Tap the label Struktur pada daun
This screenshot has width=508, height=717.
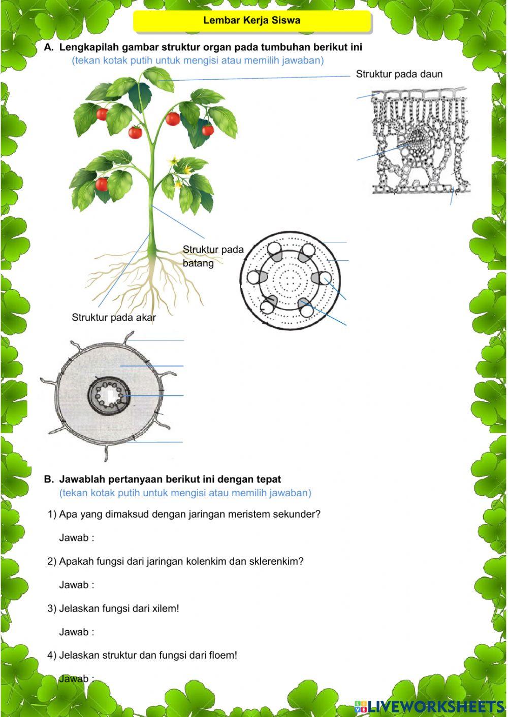pyautogui.click(x=399, y=74)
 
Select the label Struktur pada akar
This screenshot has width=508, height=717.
pyautogui.click(x=114, y=317)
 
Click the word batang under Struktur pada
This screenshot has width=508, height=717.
pyautogui.click(x=198, y=263)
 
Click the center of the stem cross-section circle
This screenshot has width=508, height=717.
pyautogui.click(x=291, y=280)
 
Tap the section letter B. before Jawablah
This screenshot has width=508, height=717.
pyautogui.click(x=49, y=479)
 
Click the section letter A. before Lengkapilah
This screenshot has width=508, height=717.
pyautogui.click(x=49, y=47)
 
